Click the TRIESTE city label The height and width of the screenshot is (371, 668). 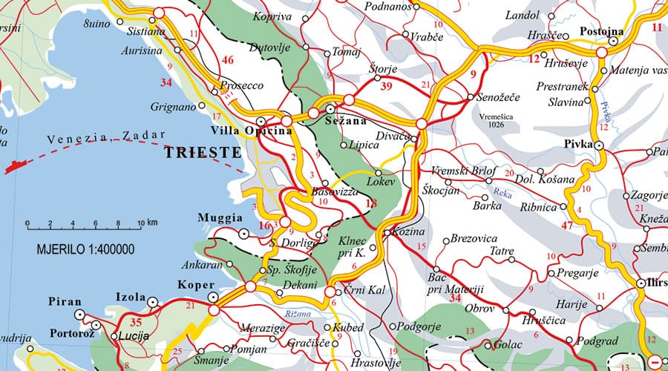tap(203, 153)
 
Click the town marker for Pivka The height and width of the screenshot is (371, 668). tap(599, 146)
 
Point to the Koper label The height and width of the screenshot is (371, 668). tap(196, 284)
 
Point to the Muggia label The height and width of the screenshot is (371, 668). tap(220, 218)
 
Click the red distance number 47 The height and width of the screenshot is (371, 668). tap(569, 224)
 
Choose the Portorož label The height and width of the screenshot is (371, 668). tap(73, 332)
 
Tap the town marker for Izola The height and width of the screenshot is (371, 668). tap(153, 302)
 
